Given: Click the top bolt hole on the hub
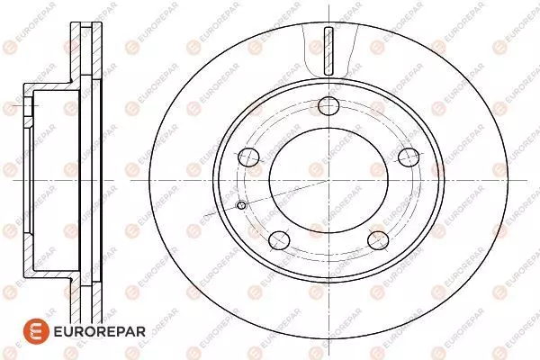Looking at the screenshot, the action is (x=328, y=106).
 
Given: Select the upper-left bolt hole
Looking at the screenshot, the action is (x=248, y=157).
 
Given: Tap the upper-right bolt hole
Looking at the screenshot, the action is (x=409, y=157).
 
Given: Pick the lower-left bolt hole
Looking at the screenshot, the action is (x=279, y=240).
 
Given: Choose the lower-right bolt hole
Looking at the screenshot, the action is (x=378, y=240).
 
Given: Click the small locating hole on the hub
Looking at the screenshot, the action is (x=241, y=206).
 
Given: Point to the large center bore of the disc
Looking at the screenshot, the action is (x=328, y=180).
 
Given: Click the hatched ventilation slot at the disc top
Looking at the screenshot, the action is (x=328, y=51).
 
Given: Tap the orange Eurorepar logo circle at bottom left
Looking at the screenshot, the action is (x=36, y=331).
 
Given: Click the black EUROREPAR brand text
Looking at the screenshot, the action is (x=100, y=332).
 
